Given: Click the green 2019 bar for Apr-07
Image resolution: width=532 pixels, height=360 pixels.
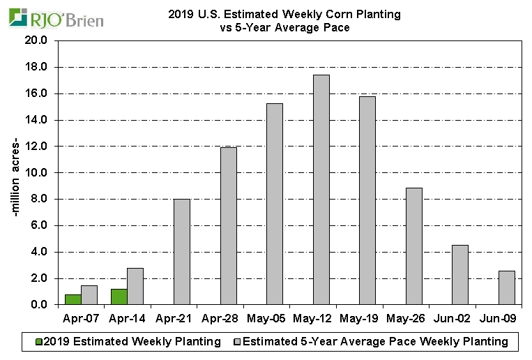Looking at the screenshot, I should [x=73, y=299].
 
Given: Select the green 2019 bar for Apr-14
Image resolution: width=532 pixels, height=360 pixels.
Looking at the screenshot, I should [x=119, y=297].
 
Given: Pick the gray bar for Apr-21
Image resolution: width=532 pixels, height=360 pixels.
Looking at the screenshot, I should [x=181, y=252].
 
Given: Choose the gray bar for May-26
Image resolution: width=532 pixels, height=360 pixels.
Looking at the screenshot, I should [x=413, y=246].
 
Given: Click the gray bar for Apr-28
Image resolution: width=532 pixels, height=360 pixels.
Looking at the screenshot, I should [x=228, y=226].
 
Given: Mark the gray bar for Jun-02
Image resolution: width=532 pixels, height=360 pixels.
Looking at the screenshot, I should [x=460, y=275].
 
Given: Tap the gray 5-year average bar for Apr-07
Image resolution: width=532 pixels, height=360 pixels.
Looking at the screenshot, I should [x=89, y=295].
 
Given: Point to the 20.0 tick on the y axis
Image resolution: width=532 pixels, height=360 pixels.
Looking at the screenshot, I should [x=36, y=41].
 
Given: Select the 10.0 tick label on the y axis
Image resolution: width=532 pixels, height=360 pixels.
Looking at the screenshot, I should [x=36, y=173].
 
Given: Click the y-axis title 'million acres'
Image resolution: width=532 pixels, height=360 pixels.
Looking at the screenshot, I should [x=19, y=172].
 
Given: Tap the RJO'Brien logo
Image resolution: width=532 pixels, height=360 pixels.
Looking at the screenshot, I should [x=56, y=18].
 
